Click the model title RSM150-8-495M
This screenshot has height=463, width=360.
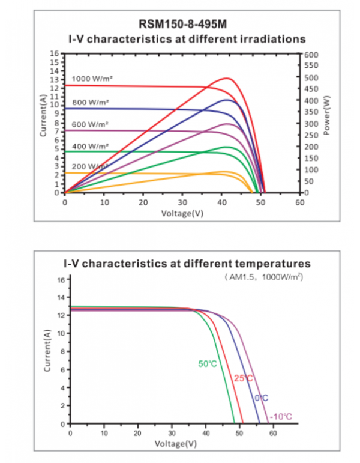pos(180,25)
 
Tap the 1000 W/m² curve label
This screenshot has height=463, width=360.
pos(92,79)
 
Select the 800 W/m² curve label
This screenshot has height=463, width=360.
pos(91,103)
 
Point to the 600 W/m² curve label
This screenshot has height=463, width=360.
pos(90,124)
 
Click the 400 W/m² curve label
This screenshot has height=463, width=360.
pos(90,146)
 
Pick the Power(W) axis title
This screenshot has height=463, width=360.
pos(327,117)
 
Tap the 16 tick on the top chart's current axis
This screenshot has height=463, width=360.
pos(53,53)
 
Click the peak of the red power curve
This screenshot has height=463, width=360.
pos(227,78)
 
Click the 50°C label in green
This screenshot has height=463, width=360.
pos(207,363)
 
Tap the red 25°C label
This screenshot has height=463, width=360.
pos(242,378)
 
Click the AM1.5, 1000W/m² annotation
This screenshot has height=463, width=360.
pos(265,277)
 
